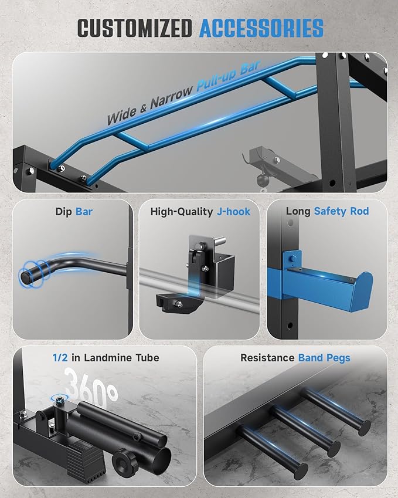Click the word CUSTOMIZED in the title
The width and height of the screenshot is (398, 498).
tap(134, 28)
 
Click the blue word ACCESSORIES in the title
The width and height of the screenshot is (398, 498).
tap(261, 28)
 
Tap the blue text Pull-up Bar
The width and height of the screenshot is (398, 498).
tap(229, 76)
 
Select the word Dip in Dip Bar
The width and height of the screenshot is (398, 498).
tap(64, 212)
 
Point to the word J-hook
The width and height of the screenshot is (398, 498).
tap(234, 212)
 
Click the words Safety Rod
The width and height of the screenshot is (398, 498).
tap(342, 211)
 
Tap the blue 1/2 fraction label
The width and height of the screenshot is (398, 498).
tap(60, 358)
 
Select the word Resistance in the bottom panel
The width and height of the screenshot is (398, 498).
tap(267, 358)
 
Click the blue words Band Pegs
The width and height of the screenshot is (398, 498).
tap(324, 358)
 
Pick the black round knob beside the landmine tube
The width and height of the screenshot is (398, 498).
tap(125, 461)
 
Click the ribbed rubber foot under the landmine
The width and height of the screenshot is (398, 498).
tap(86, 459)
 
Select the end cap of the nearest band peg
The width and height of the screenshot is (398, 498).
tap(300, 472)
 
